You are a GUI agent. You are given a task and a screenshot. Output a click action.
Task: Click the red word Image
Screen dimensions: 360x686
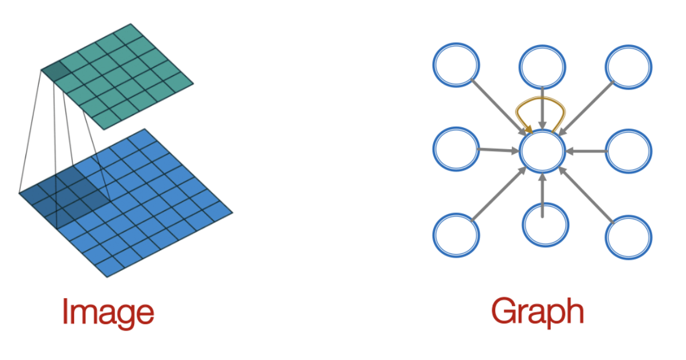pyautogui.click(x=108, y=313)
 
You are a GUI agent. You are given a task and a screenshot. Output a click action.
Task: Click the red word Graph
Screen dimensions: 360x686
pyautogui.click(x=537, y=313)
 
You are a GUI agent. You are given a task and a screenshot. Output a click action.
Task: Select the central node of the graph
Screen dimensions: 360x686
pyautogui.click(x=542, y=150)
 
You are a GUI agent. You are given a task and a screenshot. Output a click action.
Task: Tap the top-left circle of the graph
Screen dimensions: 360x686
pyautogui.click(x=456, y=65)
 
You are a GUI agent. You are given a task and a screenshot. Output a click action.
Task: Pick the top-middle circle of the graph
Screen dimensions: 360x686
pyautogui.click(x=542, y=65)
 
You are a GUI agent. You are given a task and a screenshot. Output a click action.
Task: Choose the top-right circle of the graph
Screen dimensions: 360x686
pyautogui.click(x=629, y=65)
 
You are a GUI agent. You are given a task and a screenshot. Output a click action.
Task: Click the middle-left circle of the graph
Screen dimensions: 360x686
pyautogui.click(x=456, y=150)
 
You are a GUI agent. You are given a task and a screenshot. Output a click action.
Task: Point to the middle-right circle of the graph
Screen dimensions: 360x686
pyautogui.click(x=629, y=150)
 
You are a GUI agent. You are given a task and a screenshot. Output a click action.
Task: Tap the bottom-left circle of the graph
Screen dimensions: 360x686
pyautogui.click(x=456, y=236)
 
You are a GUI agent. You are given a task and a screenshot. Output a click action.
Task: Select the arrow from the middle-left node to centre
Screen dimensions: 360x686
pyautogui.click(x=499, y=150)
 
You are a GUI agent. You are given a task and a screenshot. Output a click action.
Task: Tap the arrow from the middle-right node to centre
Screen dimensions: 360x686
pyautogui.click(x=585, y=151)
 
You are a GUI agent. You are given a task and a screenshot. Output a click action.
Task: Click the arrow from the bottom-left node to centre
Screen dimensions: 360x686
pyautogui.click(x=499, y=194)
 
